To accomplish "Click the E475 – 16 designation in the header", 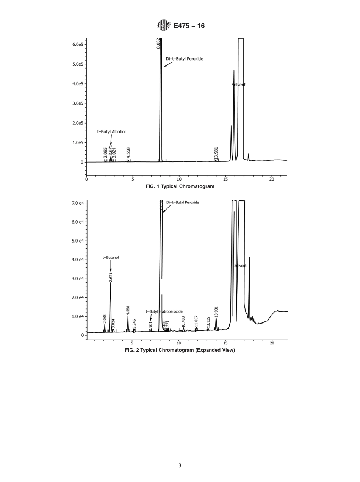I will click(x=189, y=26).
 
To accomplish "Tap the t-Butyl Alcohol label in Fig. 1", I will click(x=111, y=132).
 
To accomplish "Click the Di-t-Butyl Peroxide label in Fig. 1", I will click(x=185, y=59).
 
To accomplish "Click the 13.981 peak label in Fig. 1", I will click(x=216, y=153).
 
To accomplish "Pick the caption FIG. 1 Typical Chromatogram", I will click(x=180, y=186).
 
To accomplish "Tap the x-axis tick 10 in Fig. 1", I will click(x=179, y=180).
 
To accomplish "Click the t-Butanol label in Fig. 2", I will click(x=111, y=257).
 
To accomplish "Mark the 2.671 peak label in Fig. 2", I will click(x=111, y=277).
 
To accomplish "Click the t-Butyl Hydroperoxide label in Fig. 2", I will click(x=164, y=311).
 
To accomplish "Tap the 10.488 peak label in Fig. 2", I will click(x=183, y=321).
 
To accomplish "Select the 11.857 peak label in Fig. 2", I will click(x=196, y=321).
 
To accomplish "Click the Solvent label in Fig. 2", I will click(x=240, y=266).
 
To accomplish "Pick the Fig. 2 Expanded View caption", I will click(x=180, y=350).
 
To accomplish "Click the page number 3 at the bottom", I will click(x=180, y=466).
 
